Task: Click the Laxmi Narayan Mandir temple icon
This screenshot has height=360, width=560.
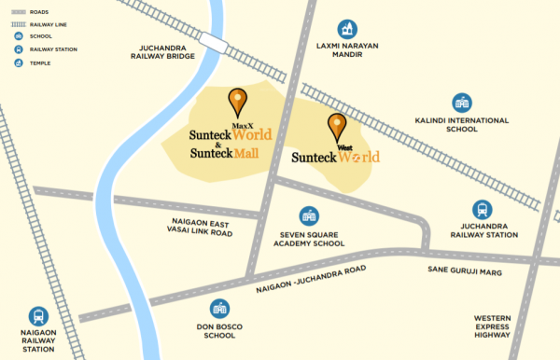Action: point(348,28)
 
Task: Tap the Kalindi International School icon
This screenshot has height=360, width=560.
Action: point(461,102)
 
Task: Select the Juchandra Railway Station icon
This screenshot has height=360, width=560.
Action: point(482,211)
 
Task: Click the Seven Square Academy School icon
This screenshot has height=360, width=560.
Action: point(307,215)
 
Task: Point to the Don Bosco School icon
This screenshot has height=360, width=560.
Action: point(220,309)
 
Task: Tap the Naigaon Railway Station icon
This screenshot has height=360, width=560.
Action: point(39,316)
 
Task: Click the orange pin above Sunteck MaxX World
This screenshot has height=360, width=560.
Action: point(238,101)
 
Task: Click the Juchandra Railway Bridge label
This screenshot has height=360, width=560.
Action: point(166,50)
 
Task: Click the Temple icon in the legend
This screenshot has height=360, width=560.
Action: point(19,62)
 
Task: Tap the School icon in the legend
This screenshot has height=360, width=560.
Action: point(19,36)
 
